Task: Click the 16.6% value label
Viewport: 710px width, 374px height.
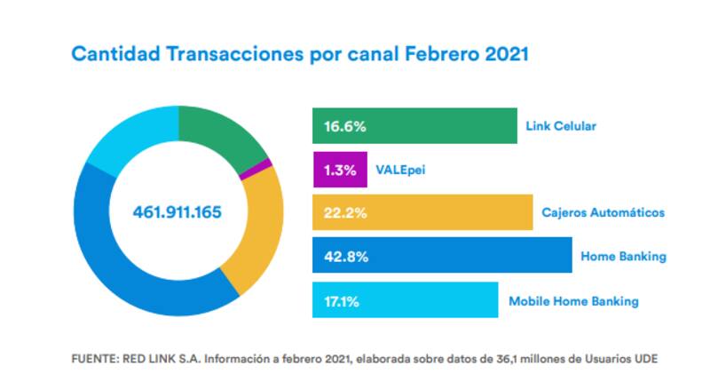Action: (343, 126)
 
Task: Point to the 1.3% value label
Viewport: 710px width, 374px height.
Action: (339, 170)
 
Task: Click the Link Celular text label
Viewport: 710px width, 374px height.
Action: (562, 126)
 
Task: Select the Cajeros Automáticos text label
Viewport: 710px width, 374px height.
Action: (603, 213)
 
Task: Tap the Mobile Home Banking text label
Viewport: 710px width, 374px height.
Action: (572, 301)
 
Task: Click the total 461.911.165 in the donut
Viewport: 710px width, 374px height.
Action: (177, 213)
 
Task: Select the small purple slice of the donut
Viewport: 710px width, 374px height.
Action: (242, 166)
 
